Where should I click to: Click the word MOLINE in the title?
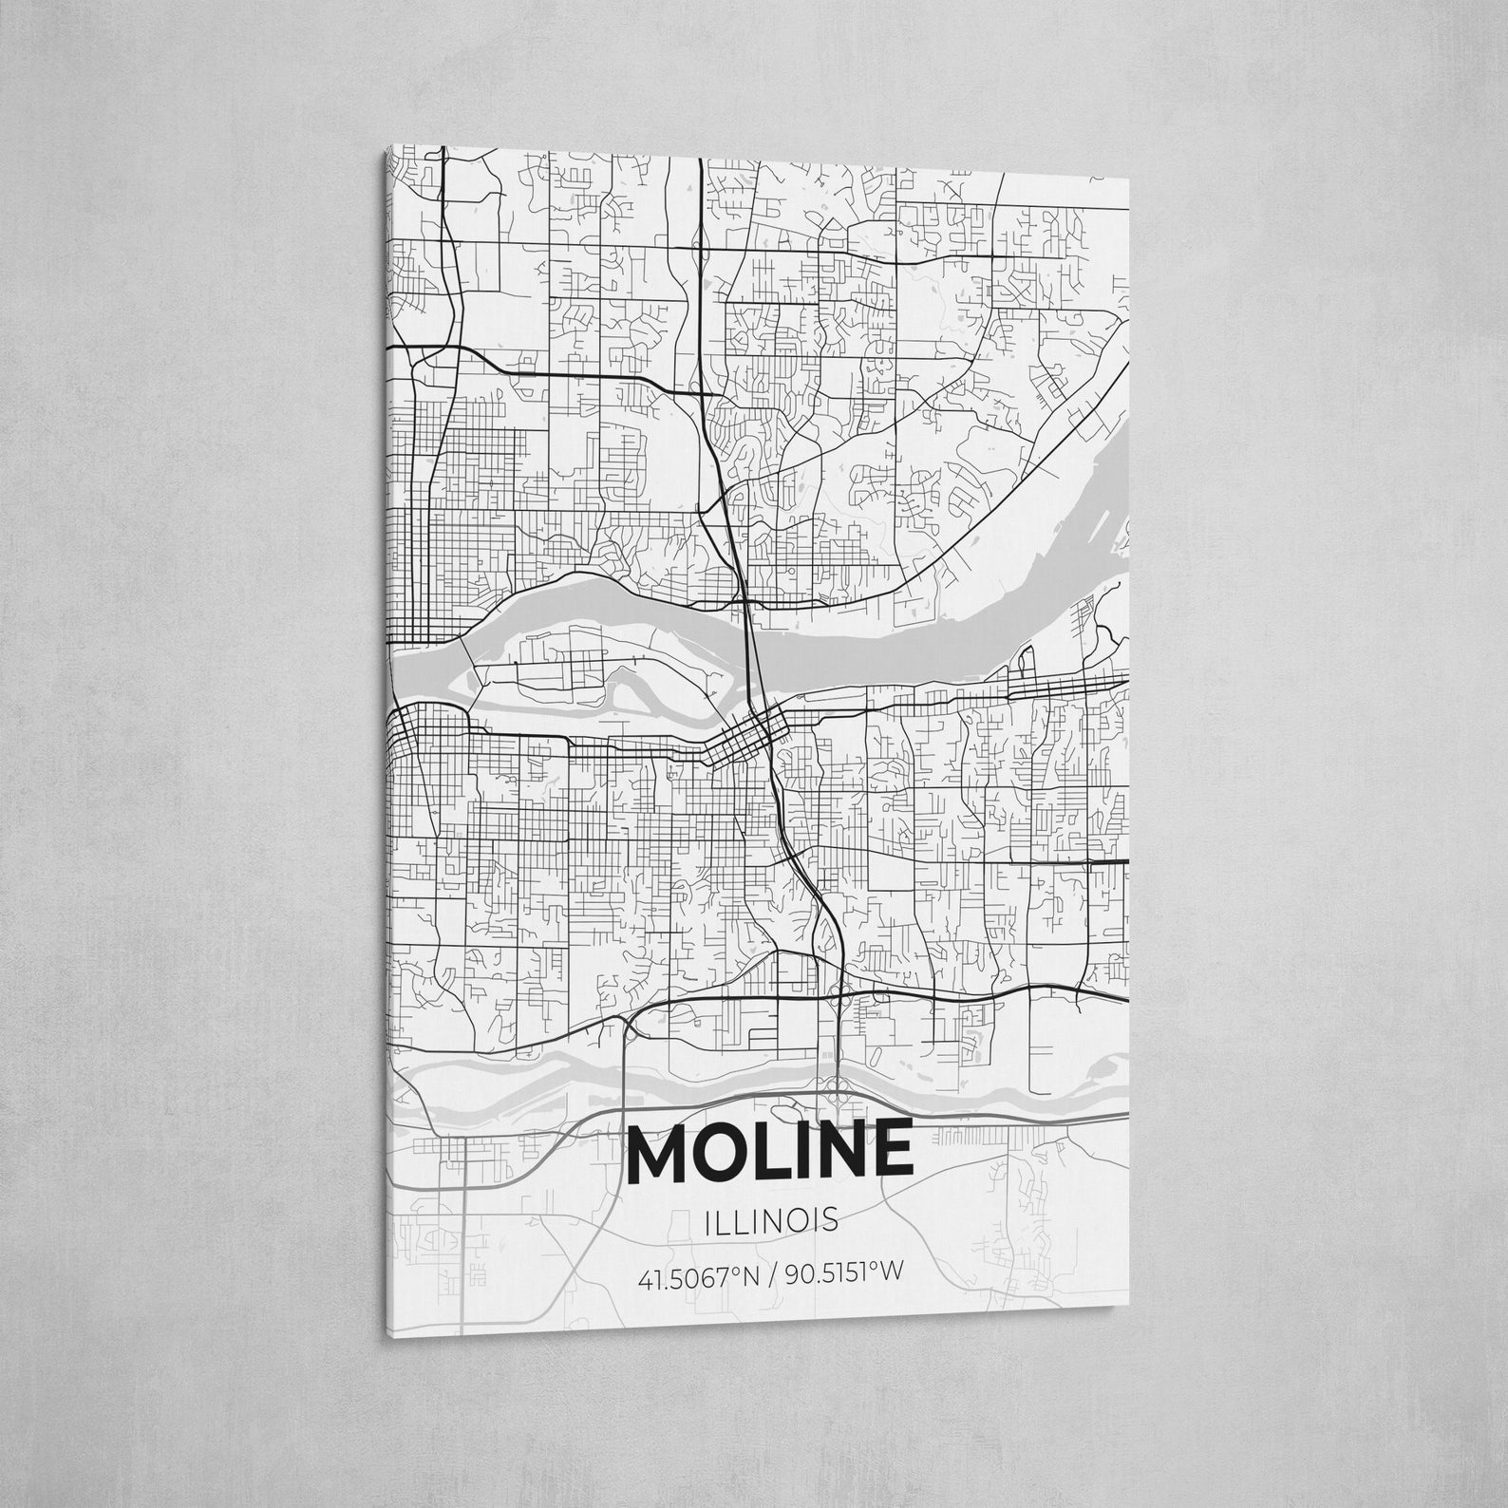[x=770, y=1151]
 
